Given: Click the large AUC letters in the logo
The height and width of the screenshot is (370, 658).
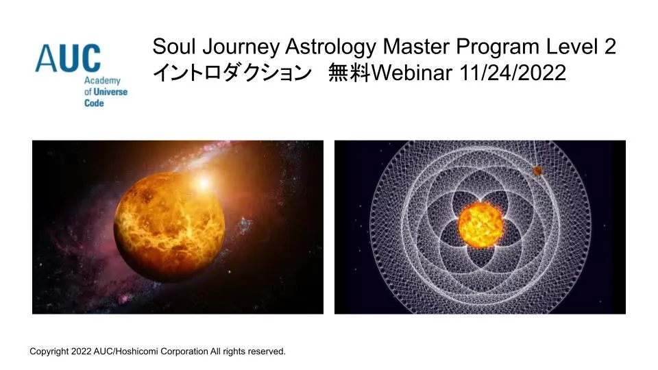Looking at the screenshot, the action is click(68, 58).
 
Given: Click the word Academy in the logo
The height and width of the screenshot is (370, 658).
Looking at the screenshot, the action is click(102, 81).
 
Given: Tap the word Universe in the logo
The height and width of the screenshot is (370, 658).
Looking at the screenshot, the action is click(110, 92).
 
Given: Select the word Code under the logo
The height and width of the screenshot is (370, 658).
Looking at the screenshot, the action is click(94, 103).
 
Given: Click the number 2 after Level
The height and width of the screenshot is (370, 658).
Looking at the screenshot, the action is click(610, 46).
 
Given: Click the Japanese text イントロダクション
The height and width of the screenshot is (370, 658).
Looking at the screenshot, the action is click(232, 73).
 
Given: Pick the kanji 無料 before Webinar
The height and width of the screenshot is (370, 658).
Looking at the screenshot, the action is click(349, 73).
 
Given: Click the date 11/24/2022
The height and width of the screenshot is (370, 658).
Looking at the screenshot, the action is click(513, 73).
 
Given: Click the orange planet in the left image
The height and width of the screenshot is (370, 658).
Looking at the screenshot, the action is click(169, 227).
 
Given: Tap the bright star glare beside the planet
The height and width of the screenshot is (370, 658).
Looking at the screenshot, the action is click(203, 183).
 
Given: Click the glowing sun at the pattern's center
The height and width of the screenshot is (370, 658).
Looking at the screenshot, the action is click(480, 225).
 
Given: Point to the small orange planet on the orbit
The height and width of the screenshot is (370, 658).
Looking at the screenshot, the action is click(537, 171).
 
